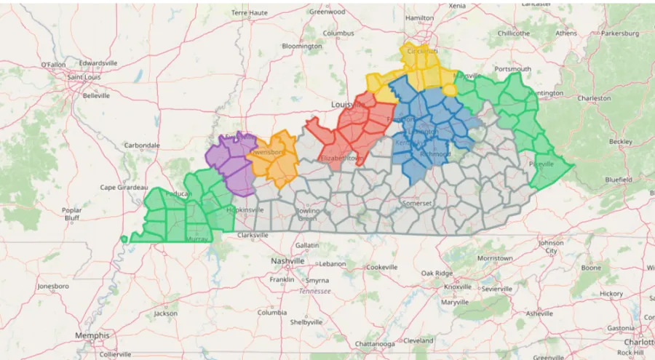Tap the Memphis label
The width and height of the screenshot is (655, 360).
92,335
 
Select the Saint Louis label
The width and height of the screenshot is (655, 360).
84,77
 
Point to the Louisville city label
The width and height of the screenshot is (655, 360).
347,105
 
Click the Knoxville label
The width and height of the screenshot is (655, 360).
458,286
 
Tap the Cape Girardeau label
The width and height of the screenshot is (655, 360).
124,187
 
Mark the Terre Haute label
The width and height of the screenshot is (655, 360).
250,13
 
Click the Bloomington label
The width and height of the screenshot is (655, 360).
301,46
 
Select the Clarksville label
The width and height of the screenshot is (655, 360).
253,235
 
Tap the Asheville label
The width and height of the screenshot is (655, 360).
540,313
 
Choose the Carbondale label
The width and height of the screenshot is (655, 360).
142,145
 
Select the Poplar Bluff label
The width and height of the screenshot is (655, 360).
71,213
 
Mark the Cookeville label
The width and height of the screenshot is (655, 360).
384,267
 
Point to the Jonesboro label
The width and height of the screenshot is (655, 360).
53,286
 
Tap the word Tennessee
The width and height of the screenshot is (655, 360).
314,291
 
